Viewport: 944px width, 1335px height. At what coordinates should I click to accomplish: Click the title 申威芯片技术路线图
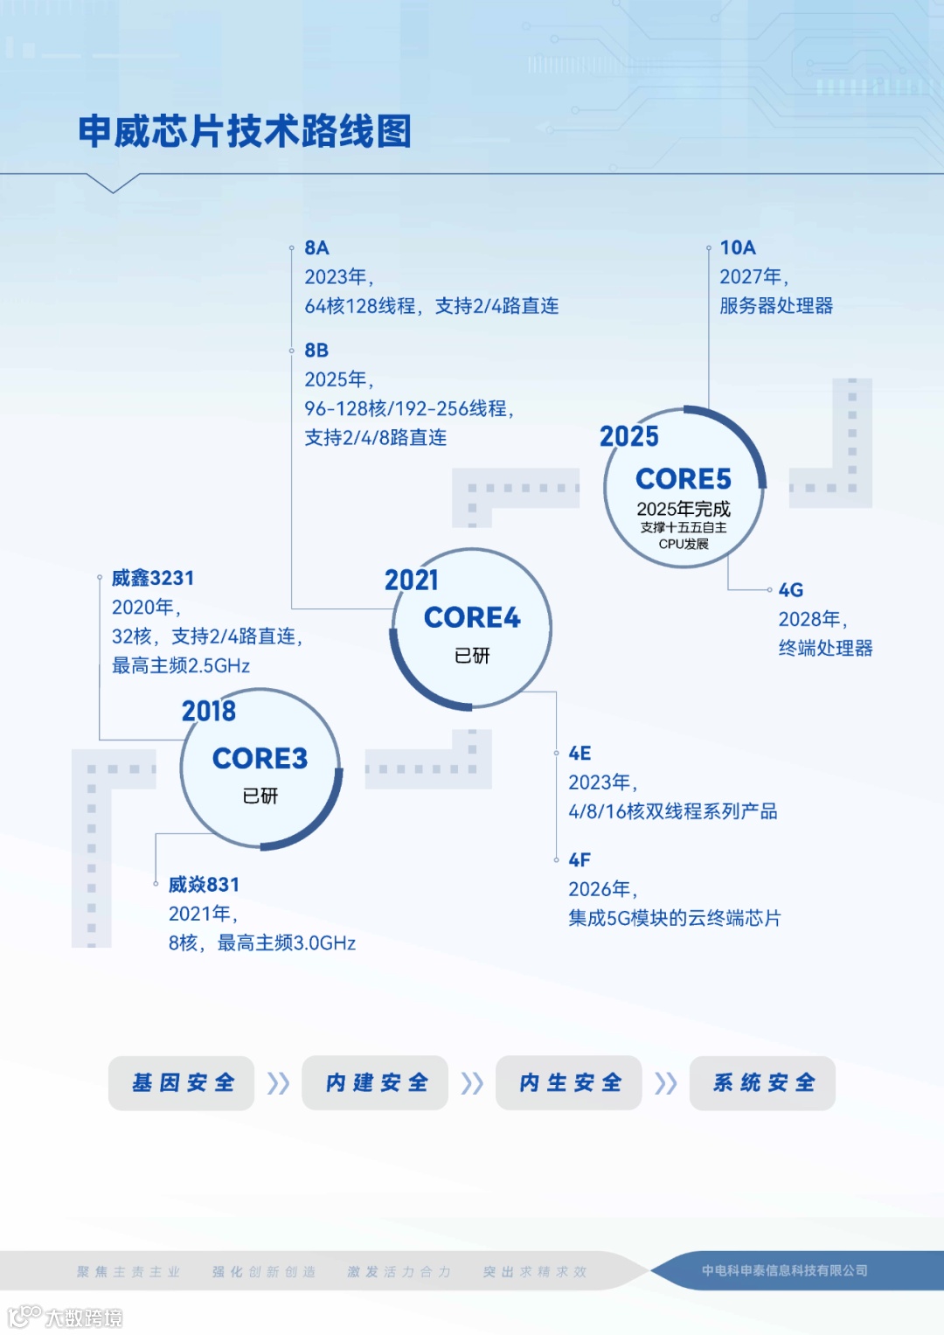245,132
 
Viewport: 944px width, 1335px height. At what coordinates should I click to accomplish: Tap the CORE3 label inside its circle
260,758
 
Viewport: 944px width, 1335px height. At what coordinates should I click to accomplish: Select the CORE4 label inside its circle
472,617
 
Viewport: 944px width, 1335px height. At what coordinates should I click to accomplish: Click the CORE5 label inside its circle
684,479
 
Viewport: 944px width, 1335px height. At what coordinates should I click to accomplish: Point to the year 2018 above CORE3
209,711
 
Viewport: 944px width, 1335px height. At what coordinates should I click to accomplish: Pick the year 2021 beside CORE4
412,580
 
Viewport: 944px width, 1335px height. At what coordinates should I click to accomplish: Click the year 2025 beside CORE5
629,436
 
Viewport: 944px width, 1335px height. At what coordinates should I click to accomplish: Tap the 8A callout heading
316,248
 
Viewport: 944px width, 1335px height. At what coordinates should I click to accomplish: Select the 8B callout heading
316,351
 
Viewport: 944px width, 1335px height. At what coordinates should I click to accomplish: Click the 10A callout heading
738,248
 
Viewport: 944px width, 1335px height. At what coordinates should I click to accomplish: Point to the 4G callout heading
791,590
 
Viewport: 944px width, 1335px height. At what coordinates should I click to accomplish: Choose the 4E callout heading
580,754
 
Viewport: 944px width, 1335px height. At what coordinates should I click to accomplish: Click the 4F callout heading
580,860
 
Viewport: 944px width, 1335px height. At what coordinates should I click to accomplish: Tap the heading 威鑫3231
153,578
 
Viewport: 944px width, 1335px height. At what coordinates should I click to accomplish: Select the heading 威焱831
204,885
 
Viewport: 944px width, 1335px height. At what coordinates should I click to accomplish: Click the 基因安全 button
182,1083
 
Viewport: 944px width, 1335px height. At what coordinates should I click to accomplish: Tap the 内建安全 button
375,1083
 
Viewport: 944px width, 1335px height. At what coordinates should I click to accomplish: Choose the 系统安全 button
762,1083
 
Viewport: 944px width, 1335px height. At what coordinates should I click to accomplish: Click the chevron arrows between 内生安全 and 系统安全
666,1083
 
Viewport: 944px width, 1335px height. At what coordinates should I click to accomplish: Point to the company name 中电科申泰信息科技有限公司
785,1270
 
